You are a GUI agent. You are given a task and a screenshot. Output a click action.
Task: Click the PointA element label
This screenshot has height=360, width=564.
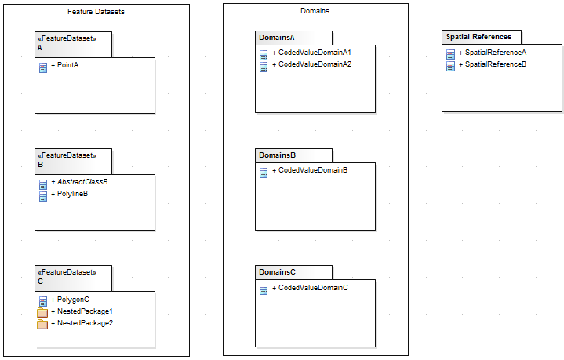coord(67,65)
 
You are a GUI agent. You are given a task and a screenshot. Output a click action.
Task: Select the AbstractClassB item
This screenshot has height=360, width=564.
coord(82,182)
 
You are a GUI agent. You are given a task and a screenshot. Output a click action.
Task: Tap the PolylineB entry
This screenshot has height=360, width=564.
coord(72,194)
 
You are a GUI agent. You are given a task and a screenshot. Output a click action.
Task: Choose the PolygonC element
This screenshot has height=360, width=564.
coord(73,300)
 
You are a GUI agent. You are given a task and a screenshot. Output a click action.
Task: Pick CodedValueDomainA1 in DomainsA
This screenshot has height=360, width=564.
coord(314,53)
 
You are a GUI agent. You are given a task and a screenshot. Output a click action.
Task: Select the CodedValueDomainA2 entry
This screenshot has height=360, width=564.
coord(314,64)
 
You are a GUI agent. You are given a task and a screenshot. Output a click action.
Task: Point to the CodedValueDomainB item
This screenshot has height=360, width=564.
coord(312,170)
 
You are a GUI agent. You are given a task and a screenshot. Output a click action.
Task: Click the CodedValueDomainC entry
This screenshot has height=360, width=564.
coord(312,288)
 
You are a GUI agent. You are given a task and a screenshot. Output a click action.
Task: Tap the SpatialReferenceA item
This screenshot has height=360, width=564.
coord(495,53)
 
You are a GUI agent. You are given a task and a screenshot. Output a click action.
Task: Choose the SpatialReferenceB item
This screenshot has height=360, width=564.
coord(495,64)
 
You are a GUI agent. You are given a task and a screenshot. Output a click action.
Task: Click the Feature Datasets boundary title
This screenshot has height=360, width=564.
coord(96,12)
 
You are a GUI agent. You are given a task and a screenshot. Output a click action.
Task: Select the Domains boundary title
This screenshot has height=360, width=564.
coord(315,11)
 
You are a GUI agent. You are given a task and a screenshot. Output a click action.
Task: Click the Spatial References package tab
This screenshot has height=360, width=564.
coord(479,37)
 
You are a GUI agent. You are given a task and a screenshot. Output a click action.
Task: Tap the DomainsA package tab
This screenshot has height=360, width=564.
coord(277,38)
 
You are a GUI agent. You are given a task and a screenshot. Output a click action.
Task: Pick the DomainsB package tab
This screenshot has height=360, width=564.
coord(277,155)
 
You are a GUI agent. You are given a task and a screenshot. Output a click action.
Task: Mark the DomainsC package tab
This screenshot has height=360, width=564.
coord(277,272)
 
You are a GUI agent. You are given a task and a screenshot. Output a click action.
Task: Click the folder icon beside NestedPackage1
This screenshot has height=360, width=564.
coord(43,312)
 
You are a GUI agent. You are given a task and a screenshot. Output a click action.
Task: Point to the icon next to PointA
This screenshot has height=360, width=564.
coord(43,67)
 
